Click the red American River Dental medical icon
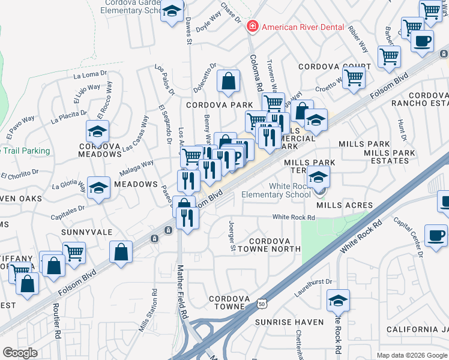point(253,26)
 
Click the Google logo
point(20,353)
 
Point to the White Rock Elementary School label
point(276,190)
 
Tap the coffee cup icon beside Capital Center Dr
point(435,235)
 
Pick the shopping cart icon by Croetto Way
point(354,77)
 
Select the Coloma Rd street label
point(256,73)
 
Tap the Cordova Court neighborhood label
point(336,67)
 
